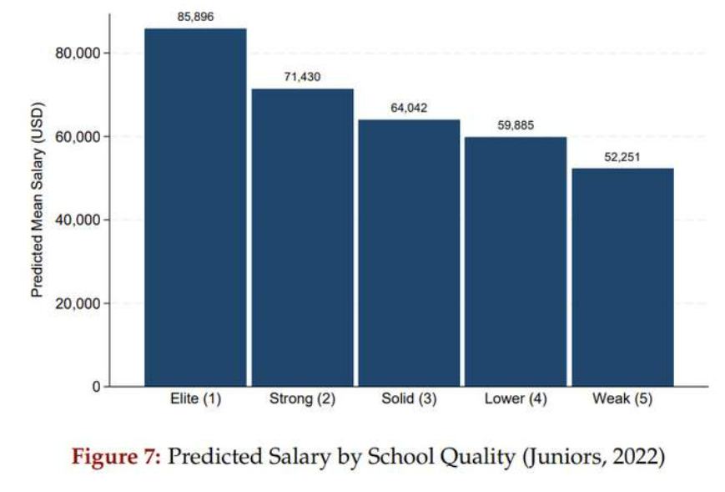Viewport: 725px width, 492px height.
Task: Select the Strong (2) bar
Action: click(x=302, y=237)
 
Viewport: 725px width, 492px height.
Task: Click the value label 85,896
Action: click(x=195, y=16)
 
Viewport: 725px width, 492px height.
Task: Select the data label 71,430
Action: click(x=302, y=77)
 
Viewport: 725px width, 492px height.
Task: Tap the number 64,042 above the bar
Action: click(x=409, y=108)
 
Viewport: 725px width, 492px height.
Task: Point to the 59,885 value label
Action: click(x=516, y=125)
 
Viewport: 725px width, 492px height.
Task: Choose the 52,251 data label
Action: click(x=622, y=156)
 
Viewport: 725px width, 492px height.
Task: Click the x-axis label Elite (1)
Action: click(x=195, y=399)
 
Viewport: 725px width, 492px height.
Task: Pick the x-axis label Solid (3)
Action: click(x=409, y=399)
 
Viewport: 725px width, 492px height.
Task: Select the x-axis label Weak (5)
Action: click(x=622, y=399)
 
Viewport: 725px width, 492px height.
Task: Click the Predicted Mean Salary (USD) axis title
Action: click(x=37, y=200)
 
